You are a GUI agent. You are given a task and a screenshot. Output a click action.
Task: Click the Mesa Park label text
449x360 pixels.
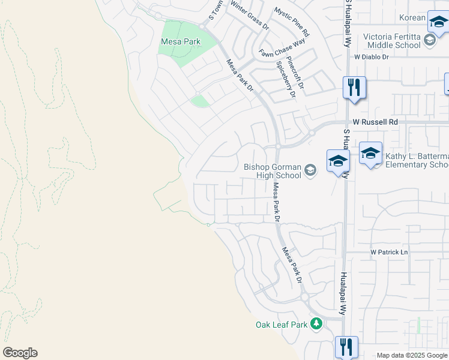click(181, 41)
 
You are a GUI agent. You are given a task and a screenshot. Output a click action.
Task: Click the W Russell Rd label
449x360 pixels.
click(375, 122)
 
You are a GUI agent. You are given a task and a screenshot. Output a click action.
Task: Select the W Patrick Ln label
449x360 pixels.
click(389, 252)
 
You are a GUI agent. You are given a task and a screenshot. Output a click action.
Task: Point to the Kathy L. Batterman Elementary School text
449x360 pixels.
click(417, 160)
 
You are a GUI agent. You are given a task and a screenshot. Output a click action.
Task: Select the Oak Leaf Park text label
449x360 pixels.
click(282, 325)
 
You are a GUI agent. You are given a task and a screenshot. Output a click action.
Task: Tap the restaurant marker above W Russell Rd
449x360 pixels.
click(354, 88)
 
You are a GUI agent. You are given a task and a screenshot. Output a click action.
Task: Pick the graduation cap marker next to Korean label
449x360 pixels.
click(438, 22)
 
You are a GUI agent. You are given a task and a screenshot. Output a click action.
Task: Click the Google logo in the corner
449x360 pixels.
click(20, 353)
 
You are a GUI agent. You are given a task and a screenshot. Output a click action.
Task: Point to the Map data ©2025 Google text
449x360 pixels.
click(411, 355)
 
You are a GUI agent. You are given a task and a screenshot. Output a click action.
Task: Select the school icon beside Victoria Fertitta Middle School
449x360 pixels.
click(429, 40)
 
